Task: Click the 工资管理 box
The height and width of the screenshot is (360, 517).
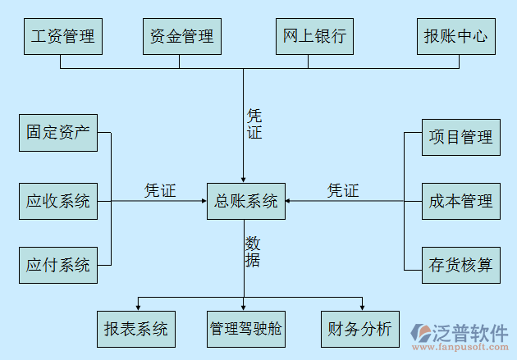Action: (x=62, y=36)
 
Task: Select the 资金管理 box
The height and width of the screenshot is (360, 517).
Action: (x=181, y=36)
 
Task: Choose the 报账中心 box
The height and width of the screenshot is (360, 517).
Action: (x=455, y=36)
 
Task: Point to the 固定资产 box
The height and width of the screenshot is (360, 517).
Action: (x=57, y=133)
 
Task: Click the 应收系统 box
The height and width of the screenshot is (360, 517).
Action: (x=57, y=200)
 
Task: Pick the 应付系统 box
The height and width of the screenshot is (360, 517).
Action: (x=57, y=265)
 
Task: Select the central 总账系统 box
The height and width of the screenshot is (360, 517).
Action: (x=245, y=200)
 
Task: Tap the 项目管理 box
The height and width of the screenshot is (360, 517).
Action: (x=460, y=136)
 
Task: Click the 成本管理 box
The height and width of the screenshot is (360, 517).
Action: (x=460, y=200)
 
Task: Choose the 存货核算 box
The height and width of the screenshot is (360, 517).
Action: (x=460, y=265)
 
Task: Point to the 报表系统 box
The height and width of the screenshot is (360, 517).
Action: (x=135, y=329)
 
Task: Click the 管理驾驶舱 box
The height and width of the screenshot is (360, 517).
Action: (x=245, y=329)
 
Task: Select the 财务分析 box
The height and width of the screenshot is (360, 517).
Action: (x=359, y=329)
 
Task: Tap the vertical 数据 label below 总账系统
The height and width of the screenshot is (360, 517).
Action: (x=253, y=252)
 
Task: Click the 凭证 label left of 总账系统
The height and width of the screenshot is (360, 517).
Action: (x=160, y=190)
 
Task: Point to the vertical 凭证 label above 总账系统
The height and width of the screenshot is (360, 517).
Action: (x=254, y=124)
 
